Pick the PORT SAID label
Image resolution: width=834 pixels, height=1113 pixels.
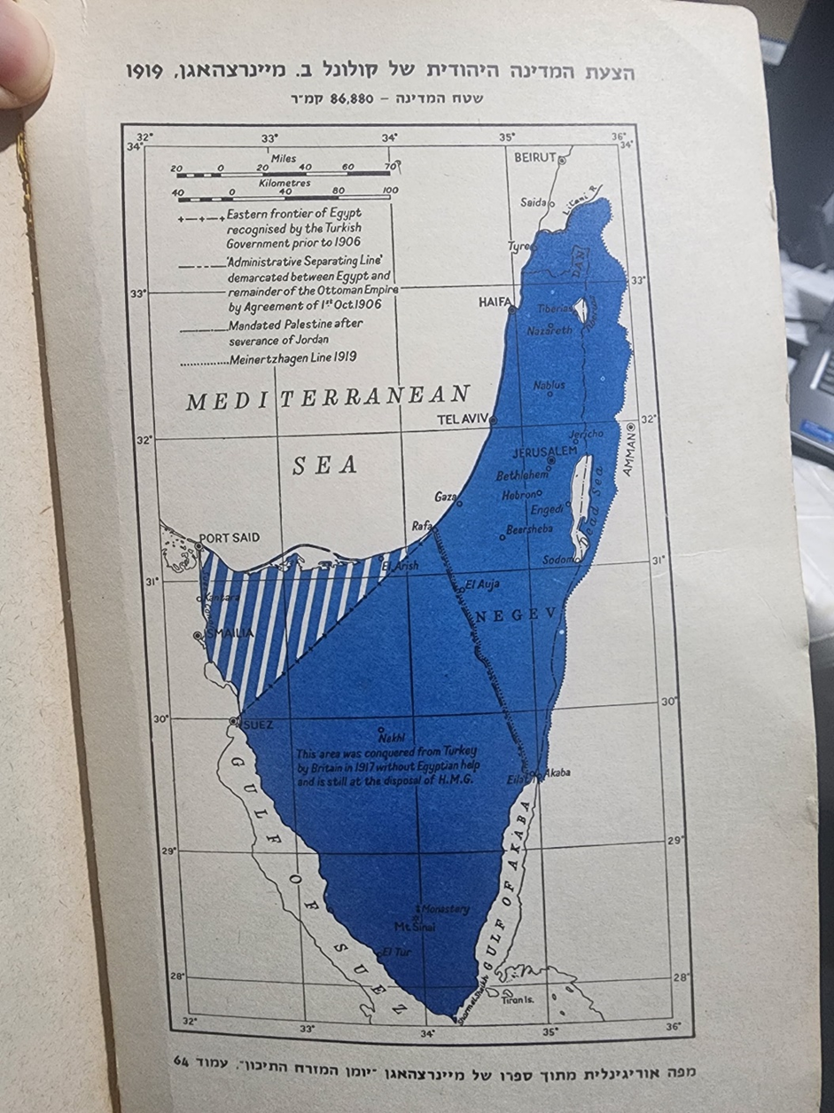coord(229,537)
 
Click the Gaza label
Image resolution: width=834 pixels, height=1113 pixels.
coord(446,497)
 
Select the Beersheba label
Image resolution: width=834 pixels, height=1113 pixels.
coord(529,529)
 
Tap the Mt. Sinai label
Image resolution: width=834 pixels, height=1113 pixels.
coord(414,926)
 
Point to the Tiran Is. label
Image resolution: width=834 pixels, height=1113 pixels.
coord(517,999)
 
